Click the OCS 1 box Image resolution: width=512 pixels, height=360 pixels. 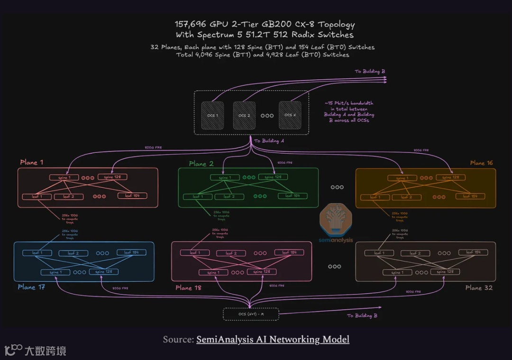tap(212, 115)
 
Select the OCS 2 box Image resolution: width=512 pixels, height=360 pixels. tap(245, 115)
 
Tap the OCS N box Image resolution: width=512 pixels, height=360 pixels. tap(290, 115)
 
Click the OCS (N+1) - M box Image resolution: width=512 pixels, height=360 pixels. tap(251, 314)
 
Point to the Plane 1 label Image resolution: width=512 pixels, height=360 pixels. tap(32, 162)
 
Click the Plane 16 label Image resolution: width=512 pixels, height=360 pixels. tap(481, 163)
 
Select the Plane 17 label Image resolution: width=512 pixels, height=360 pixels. tap(31, 287)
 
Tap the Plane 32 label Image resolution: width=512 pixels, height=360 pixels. tap(479, 287)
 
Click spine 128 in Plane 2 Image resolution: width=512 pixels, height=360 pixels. tap(273, 177)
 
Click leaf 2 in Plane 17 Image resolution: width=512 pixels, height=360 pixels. tap(73, 253)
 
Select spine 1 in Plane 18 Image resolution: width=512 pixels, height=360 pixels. tap(213, 273)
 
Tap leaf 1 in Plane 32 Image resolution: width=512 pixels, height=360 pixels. tap(379, 253)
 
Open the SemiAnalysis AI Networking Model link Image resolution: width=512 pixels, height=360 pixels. tap(273, 339)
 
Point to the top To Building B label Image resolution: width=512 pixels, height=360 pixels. tap(370, 72)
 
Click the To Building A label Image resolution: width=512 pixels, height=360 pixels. tap(269, 141)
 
